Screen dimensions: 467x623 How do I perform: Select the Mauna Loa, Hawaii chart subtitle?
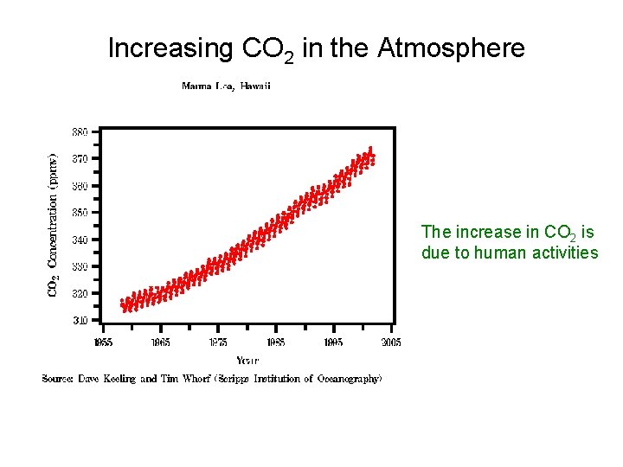click(226, 86)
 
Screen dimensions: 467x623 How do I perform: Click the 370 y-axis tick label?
click(79, 159)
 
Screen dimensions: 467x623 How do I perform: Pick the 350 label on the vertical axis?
click(79, 213)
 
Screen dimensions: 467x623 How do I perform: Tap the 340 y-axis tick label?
click(79, 240)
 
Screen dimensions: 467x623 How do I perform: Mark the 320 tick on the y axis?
click(79, 293)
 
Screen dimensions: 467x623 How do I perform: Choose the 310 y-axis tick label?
click(79, 320)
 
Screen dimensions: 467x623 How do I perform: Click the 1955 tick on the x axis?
click(103, 342)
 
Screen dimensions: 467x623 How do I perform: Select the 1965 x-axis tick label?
click(160, 342)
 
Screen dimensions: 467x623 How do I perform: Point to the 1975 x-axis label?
click(218, 342)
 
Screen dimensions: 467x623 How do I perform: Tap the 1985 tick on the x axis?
click(275, 342)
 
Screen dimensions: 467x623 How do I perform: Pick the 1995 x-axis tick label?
click(333, 342)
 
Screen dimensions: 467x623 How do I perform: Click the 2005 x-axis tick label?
click(390, 342)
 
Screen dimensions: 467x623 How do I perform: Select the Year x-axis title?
click(247, 360)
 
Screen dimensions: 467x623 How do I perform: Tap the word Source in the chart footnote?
click(59, 379)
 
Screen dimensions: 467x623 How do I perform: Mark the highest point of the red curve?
click(370, 149)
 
